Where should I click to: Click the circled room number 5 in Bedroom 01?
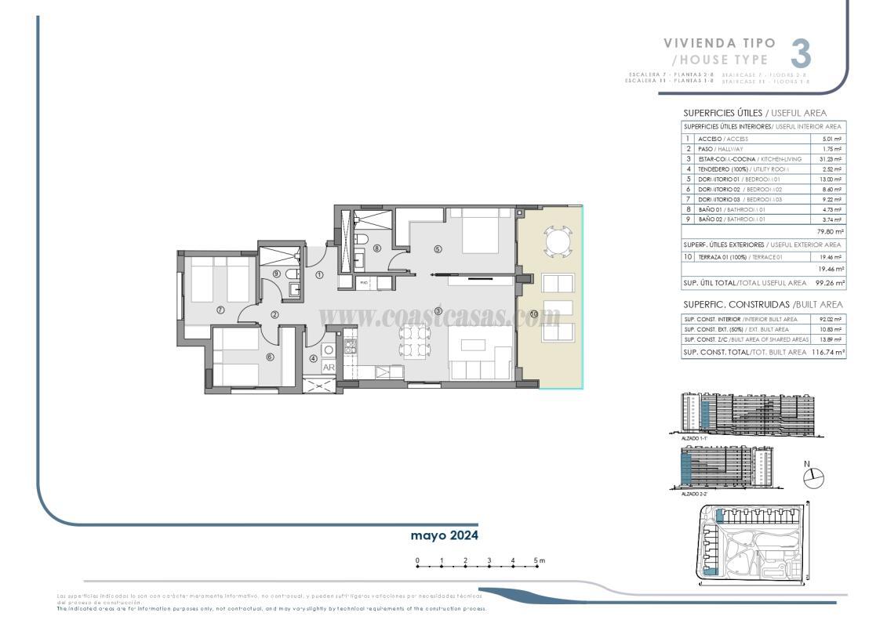tap(438, 249)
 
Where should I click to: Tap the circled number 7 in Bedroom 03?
tap(220, 310)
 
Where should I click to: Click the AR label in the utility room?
tap(329, 367)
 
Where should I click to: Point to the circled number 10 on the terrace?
tap(533, 314)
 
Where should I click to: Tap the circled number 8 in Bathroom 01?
tap(377, 248)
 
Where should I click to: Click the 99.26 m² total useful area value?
tap(830, 283)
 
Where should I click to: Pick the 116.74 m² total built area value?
tap(828, 353)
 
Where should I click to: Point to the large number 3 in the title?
tap(800, 53)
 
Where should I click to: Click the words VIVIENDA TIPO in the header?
tap(719, 43)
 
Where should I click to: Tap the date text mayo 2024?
tap(444, 535)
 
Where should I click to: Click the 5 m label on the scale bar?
tap(539, 560)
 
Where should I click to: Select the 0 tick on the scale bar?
tap(417, 560)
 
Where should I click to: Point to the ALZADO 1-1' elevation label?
tap(694, 438)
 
